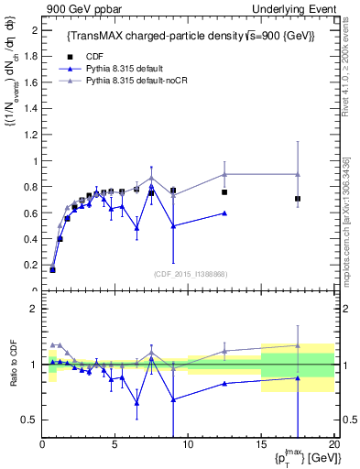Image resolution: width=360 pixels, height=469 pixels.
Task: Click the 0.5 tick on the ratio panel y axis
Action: pyautogui.click(x=29, y=420)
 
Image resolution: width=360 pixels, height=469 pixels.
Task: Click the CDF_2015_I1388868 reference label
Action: pyautogui.click(x=190, y=274)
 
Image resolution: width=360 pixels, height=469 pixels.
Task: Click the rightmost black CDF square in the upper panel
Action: pyautogui.click(x=298, y=199)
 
